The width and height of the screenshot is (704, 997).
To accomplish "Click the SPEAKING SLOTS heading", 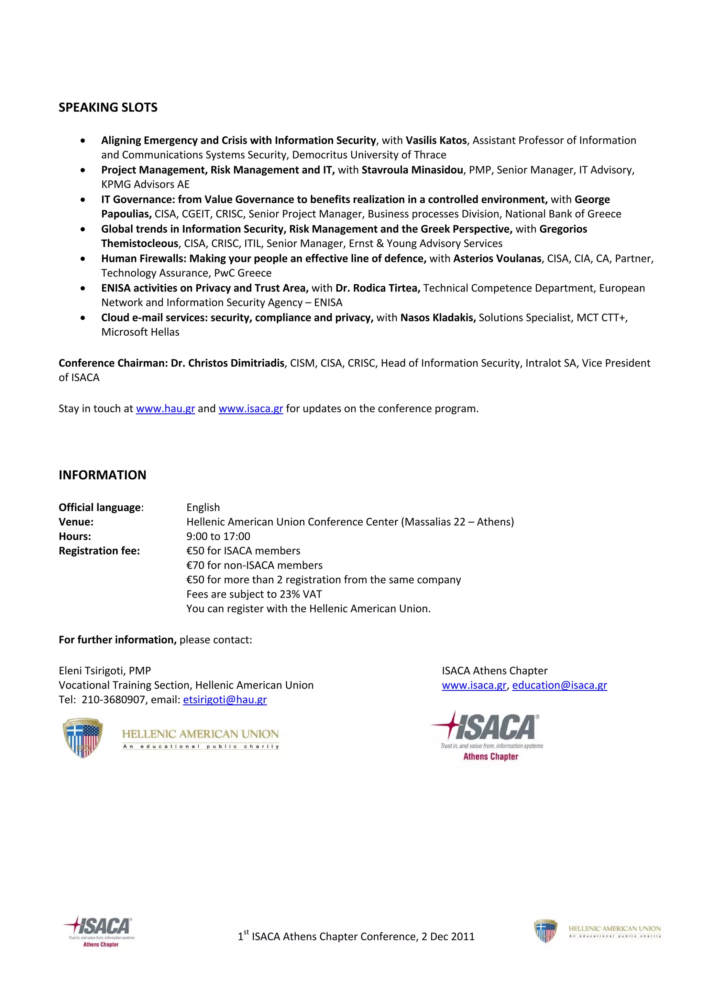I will pyautogui.click(x=108, y=107).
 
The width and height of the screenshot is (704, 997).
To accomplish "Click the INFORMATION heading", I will pyautogui.click(x=102, y=475).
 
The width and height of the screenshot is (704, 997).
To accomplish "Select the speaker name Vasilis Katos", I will pyautogui.click(x=436, y=140).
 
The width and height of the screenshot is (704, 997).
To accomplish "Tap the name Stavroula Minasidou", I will pyautogui.click(x=412, y=170).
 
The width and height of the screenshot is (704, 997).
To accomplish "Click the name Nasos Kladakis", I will pyautogui.click(x=438, y=317).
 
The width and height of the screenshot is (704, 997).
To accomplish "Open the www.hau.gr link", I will pyautogui.click(x=165, y=409).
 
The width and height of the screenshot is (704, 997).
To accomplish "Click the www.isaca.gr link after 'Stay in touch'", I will pyautogui.click(x=251, y=409).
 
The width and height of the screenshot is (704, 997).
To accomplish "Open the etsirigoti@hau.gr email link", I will pyautogui.click(x=225, y=700).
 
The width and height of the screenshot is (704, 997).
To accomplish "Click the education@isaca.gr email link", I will pyautogui.click(x=560, y=685).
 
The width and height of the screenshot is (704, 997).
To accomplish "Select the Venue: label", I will pyautogui.click(x=76, y=522).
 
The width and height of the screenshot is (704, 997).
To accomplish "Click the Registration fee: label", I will pyautogui.click(x=99, y=551).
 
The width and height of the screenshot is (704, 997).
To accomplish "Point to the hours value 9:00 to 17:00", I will pyautogui.click(x=218, y=536).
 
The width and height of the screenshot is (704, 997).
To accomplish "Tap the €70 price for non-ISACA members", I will pyautogui.click(x=195, y=565).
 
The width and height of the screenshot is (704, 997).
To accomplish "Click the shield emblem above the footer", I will pyautogui.click(x=82, y=738).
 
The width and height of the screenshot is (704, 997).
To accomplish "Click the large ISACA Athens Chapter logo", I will pyautogui.click(x=487, y=735).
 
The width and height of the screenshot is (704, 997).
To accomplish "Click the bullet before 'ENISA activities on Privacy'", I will pyautogui.click(x=83, y=288).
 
